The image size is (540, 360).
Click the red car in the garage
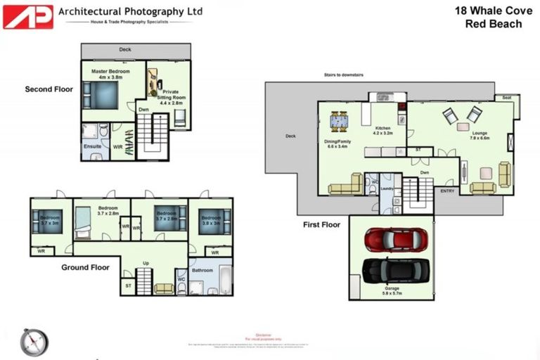coord(396,239)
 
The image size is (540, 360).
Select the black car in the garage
coord(396,270)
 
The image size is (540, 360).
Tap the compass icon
coord(34,342)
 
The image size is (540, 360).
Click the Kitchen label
coord(382,127)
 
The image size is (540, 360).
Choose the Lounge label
coord(480,133)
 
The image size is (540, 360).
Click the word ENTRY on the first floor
coord(447,191)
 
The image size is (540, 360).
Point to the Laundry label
coord(386,188)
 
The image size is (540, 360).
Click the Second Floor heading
coord(49,89)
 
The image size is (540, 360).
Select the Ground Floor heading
coord(84,267)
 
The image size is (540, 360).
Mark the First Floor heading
coord(321,225)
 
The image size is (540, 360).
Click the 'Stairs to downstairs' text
coord(345,73)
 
